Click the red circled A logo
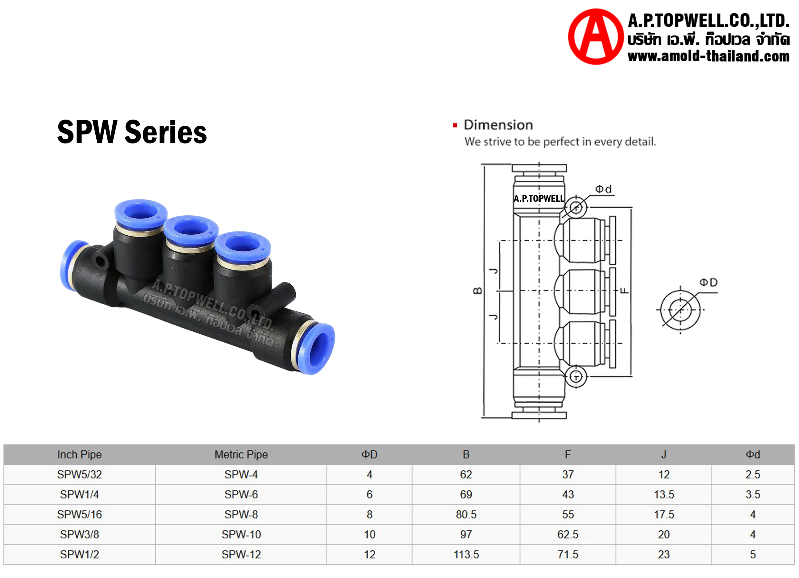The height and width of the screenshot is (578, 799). coord(595,37)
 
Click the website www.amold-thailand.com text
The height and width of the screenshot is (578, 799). coord(708,56)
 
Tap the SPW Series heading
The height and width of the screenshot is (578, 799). coord(132,132)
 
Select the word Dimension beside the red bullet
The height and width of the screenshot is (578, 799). coord(498,125)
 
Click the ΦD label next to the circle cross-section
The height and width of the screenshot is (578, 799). coord(708,282)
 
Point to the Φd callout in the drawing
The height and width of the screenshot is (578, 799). coord(603,189)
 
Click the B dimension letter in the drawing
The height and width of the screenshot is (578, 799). coord(477,291)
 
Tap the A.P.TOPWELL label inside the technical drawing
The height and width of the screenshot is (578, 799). coord(539,199)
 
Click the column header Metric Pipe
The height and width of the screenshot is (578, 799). coord(241,455)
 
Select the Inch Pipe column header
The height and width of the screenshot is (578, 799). coord(79,455)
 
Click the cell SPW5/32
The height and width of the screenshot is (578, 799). coord(79,475)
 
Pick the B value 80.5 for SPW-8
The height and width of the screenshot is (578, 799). coord(466,514)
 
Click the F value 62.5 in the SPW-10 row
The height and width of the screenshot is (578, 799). coord(568,535)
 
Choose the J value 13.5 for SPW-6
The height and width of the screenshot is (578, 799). coord(664,495)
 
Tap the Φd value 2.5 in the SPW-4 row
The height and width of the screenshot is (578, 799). coord(753,475)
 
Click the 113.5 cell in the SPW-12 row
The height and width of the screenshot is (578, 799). coord(466,555)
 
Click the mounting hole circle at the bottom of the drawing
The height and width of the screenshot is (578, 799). coord(576,377)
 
